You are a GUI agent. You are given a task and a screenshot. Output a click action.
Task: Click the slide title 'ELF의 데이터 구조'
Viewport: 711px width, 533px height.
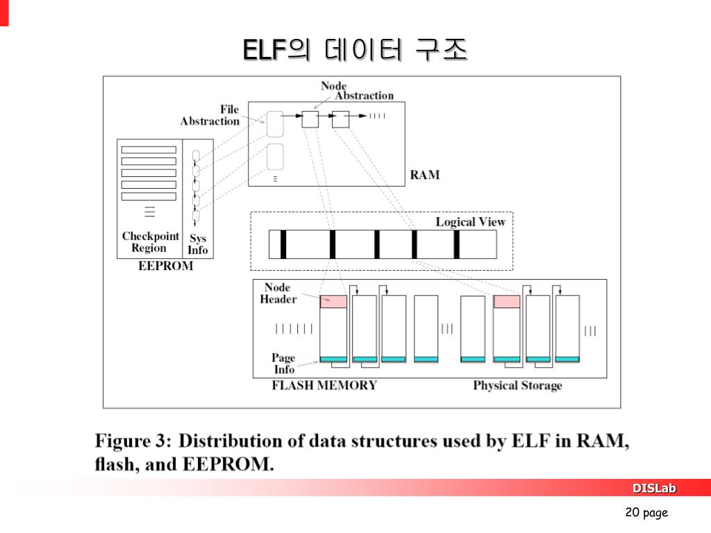tap(355, 50)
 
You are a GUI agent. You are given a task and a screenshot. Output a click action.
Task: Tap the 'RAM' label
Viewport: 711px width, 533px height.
tap(424, 174)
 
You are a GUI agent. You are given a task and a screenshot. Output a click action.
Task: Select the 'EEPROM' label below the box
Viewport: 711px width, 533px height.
tap(165, 266)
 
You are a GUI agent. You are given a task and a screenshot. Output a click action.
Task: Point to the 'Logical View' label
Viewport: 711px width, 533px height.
tap(470, 222)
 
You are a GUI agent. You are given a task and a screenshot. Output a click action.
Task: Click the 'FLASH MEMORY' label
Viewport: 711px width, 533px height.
tap(324, 385)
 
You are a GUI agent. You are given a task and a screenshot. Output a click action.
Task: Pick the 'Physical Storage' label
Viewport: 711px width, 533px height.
tap(517, 385)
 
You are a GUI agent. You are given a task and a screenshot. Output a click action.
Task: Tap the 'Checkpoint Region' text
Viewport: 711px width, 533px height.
tap(150, 242)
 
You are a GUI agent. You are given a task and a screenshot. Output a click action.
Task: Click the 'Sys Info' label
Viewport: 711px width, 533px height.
tap(198, 244)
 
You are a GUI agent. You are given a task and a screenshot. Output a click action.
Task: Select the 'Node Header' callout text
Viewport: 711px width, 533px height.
tap(278, 294)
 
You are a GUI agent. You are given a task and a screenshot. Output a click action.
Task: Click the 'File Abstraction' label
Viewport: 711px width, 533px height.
tap(210, 115)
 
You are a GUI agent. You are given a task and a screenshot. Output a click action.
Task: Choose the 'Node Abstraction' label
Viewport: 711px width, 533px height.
tap(357, 91)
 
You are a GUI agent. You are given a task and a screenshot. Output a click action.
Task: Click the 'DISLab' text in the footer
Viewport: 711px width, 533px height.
tap(653, 489)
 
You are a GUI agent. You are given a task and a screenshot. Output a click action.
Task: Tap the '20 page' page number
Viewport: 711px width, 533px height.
tap(646, 513)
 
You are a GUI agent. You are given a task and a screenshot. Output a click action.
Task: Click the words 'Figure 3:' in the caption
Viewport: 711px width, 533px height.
tap(133, 441)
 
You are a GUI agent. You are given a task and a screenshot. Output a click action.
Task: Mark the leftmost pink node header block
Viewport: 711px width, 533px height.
tap(333, 301)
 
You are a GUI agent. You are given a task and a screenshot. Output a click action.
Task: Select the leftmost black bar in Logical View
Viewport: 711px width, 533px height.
tap(283, 244)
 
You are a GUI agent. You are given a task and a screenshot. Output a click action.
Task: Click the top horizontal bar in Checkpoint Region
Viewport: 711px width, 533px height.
tap(149, 151)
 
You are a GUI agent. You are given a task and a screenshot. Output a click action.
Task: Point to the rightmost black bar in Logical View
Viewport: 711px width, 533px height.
tap(457, 244)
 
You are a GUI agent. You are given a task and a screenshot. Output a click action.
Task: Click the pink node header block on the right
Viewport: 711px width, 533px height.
tap(507, 301)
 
